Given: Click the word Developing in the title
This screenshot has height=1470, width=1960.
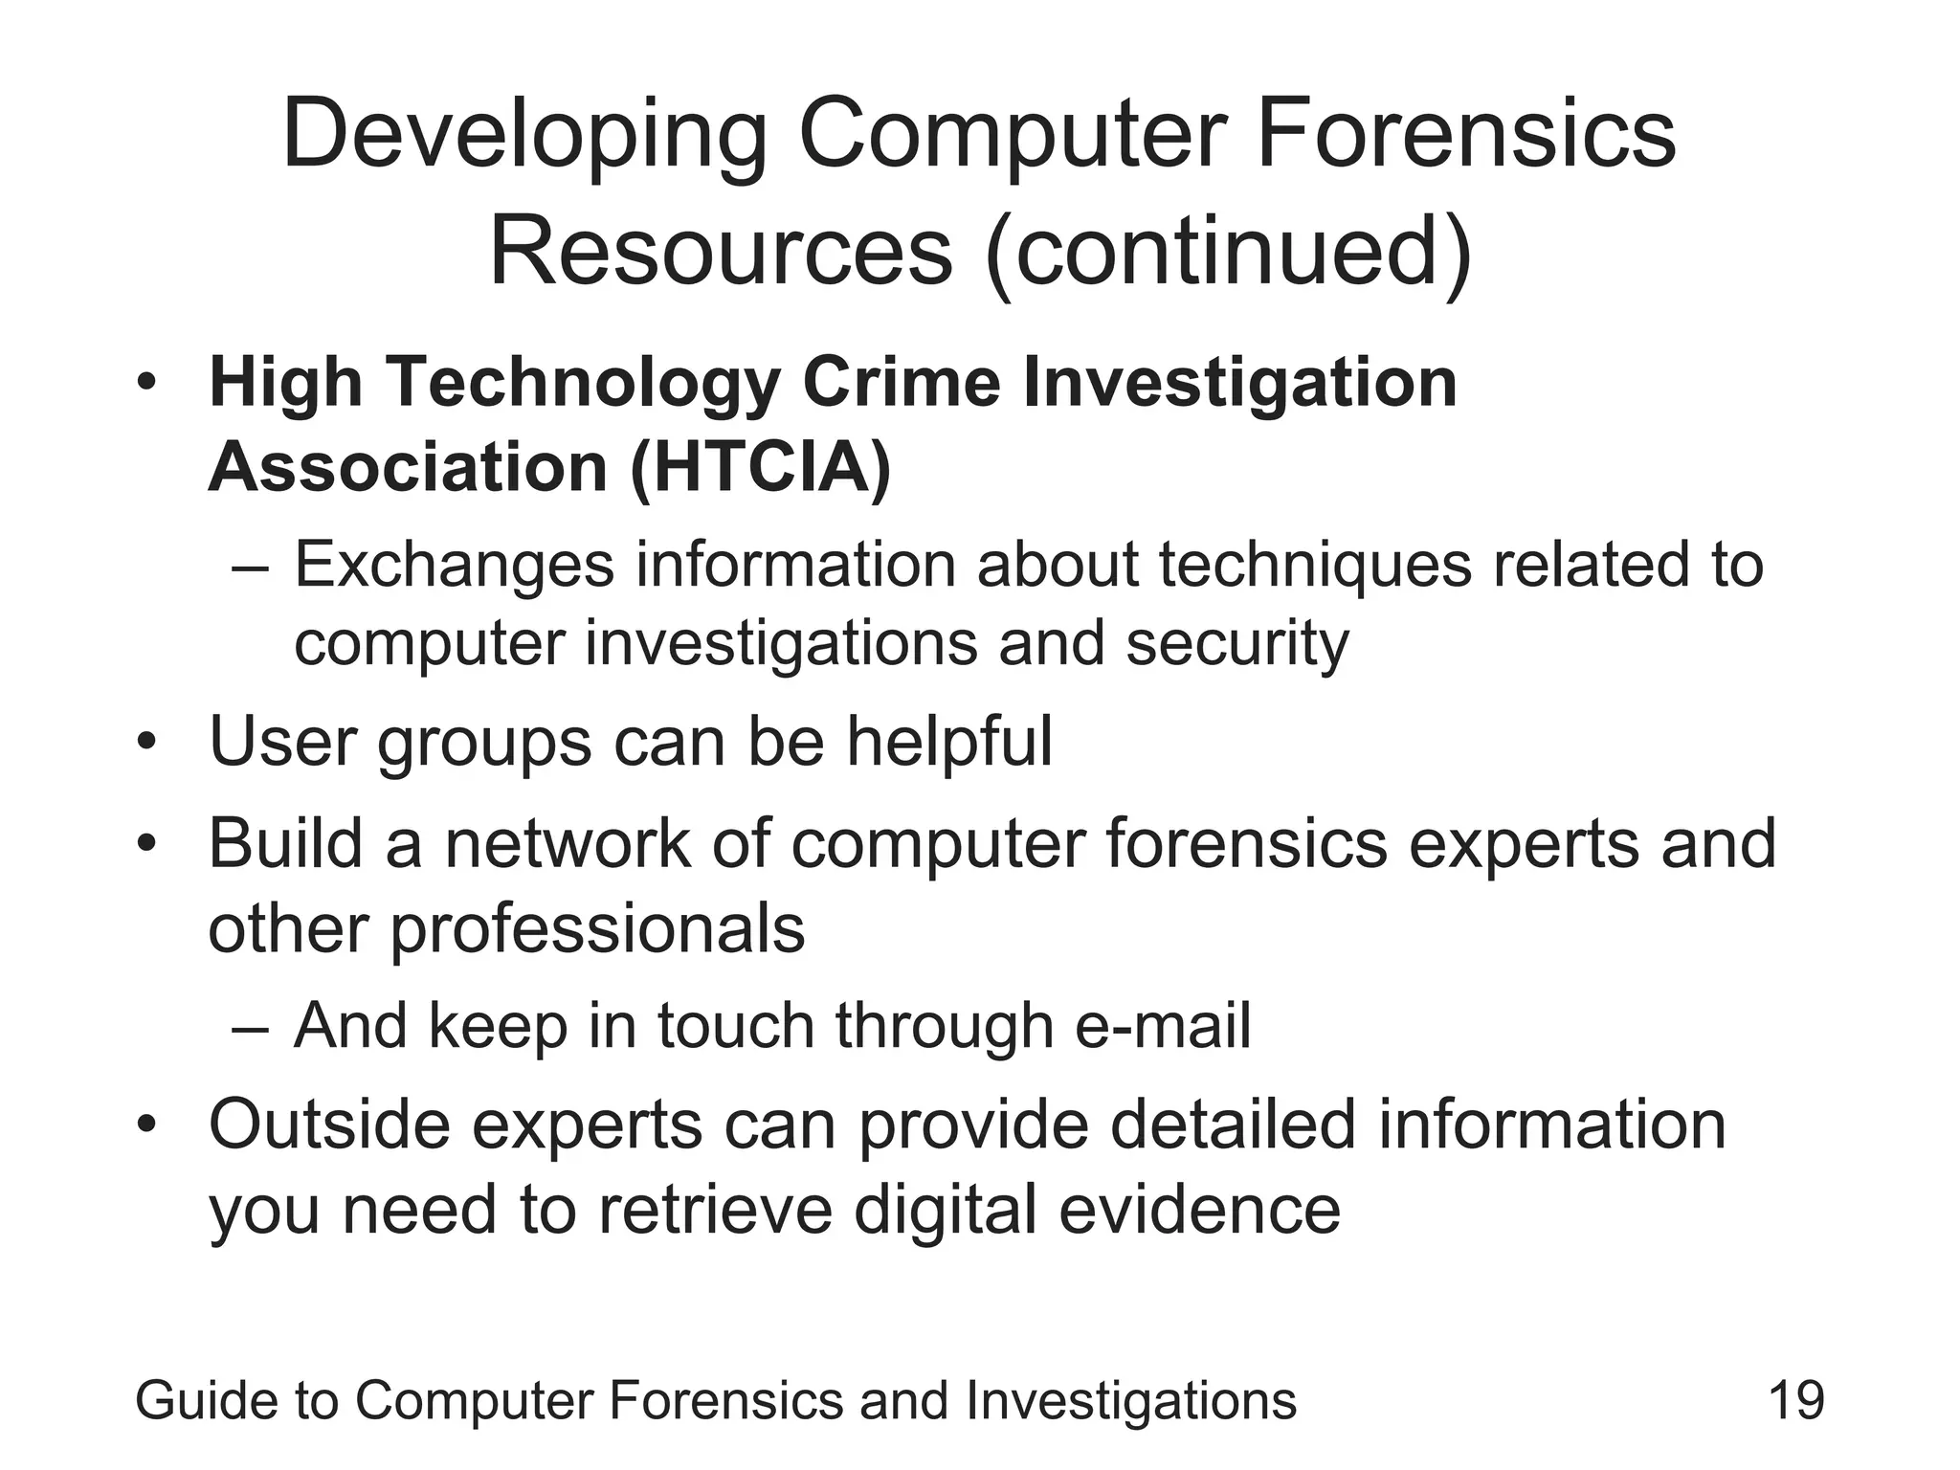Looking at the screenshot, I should tap(524, 137).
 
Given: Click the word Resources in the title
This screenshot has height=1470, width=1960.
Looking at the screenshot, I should tap(721, 251).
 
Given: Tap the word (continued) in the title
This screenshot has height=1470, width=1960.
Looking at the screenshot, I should tap(1229, 253).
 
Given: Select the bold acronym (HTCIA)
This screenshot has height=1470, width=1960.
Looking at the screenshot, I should tap(761, 469).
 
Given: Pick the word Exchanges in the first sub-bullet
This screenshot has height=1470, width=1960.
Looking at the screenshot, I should tap(454, 565).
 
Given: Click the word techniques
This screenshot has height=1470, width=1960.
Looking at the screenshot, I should tap(1315, 565).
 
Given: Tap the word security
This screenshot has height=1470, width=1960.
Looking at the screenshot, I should tap(1236, 644).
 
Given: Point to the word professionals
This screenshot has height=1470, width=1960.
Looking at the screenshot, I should tap(597, 930).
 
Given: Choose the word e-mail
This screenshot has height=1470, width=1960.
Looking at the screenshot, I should tap(1162, 1026).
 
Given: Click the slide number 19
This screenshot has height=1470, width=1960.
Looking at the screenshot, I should tap(1796, 1401).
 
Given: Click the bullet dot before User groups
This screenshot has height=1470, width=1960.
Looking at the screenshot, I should tap(145, 743).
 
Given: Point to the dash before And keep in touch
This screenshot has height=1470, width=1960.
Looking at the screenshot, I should tap(251, 1028).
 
